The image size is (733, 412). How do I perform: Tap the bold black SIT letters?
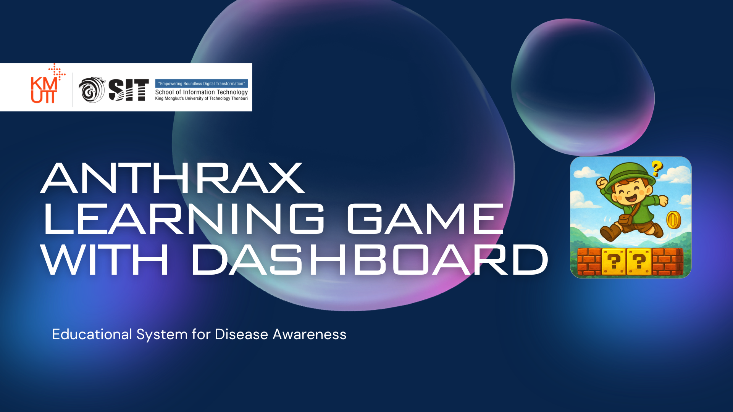point(129,90)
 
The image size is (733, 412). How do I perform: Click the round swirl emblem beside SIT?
point(92,90)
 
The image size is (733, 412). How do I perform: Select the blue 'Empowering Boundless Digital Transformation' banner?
point(202,84)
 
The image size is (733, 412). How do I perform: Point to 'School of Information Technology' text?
point(202,92)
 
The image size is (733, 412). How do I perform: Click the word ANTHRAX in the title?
point(173,178)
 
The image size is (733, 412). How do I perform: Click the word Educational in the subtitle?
point(92,335)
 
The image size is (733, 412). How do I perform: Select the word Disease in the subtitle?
point(242,335)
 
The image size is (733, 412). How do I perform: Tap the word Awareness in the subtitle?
point(310,335)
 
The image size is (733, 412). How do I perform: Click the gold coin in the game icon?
point(673,220)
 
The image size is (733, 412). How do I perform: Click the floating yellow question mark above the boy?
point(657,168)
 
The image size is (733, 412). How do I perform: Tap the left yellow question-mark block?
point(614,261)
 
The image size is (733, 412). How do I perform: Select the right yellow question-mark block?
point(639,261)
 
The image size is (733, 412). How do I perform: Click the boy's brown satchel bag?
point(625,220)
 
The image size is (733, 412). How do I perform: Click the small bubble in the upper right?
point(583,87)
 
